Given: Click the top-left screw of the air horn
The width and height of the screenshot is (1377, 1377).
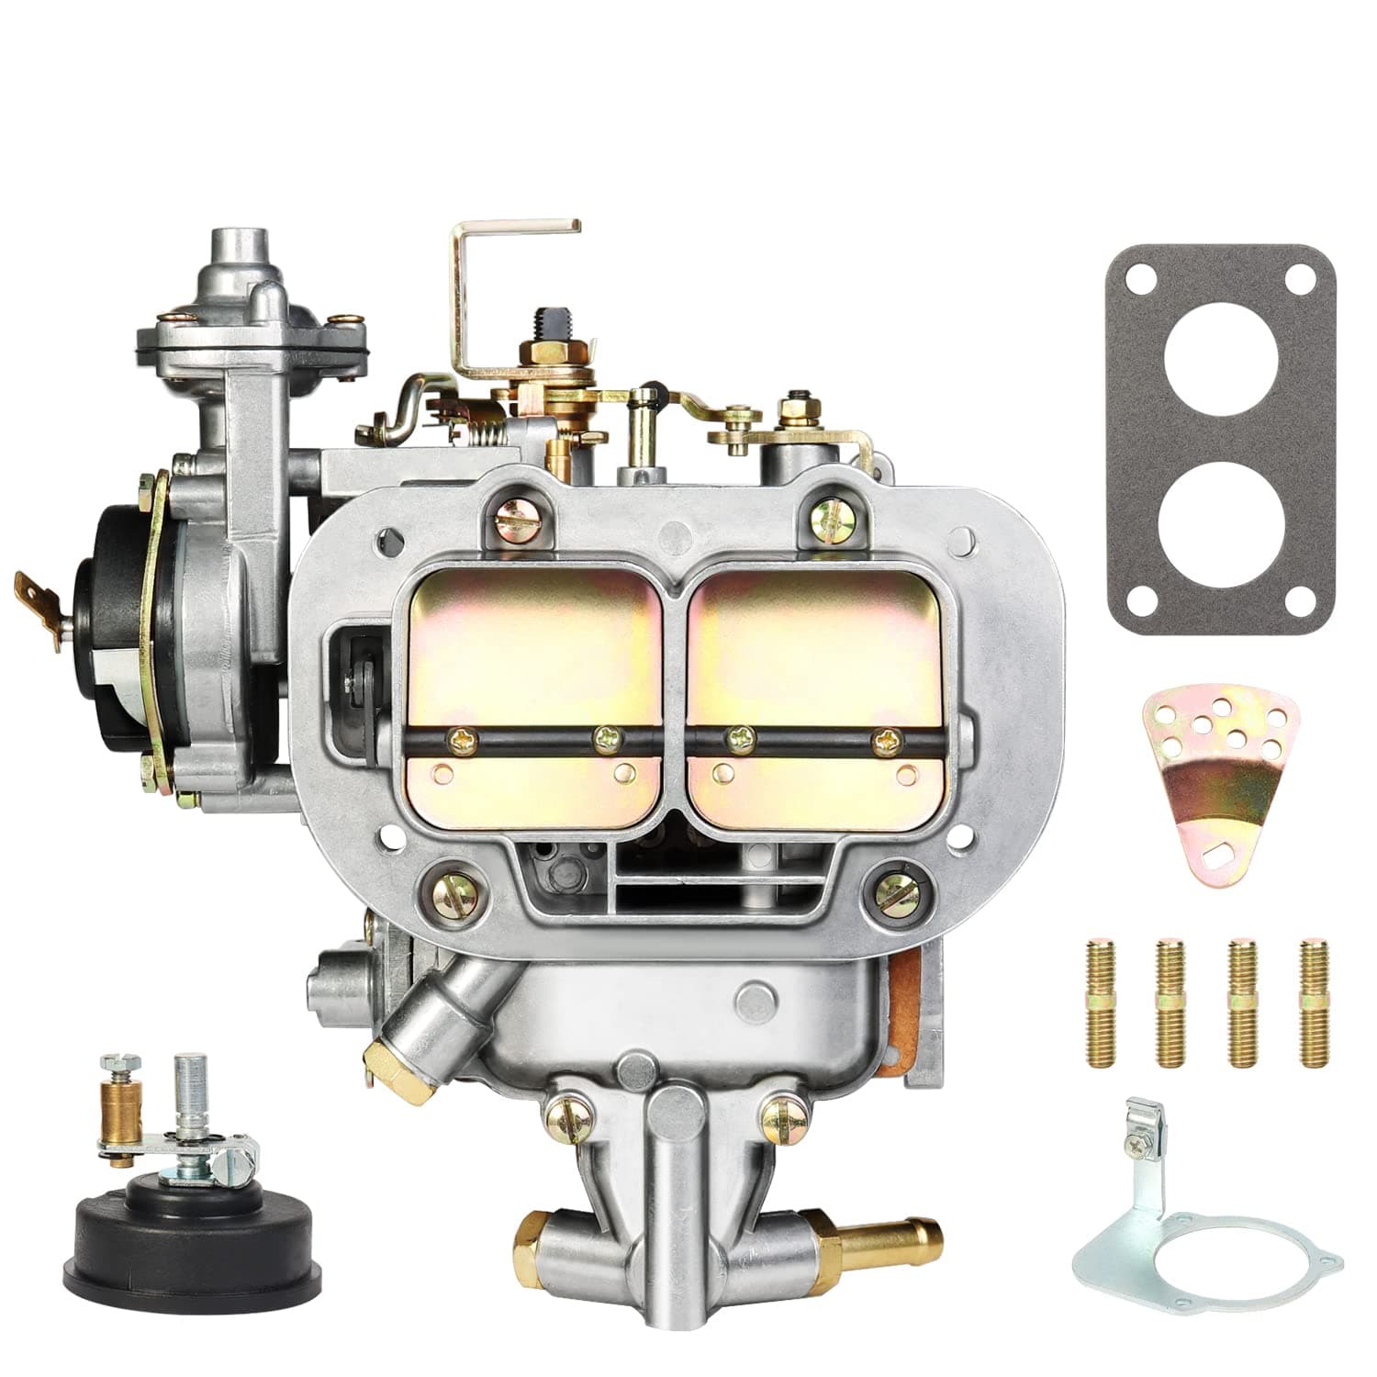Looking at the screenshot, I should [512, 517].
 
